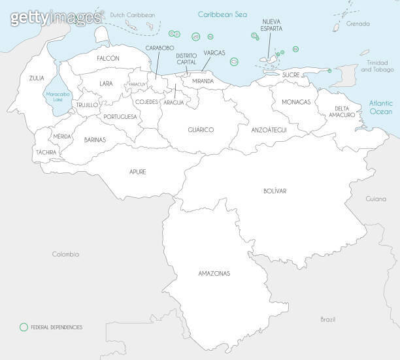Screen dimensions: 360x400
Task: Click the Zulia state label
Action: tap(37, 78)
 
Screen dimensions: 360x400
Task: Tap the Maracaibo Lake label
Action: tap(57, 97)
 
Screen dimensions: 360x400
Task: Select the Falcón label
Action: tap(108, 58)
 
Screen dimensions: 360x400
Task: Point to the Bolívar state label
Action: tap(275, 191)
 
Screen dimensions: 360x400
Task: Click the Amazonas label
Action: tap(214, 273)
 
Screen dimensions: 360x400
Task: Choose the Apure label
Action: tap(137, 172)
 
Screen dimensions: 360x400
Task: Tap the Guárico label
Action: tap(201, 129)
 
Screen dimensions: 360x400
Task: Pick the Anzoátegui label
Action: tap(269, 130)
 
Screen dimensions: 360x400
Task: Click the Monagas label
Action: tap(296, 102)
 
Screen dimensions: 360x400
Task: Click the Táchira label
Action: tap(46, 152)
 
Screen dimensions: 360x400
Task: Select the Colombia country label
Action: tap(65, 254)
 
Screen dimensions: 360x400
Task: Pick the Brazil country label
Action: tap(327, 319)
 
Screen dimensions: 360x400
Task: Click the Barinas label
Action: tap(95, 139)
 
